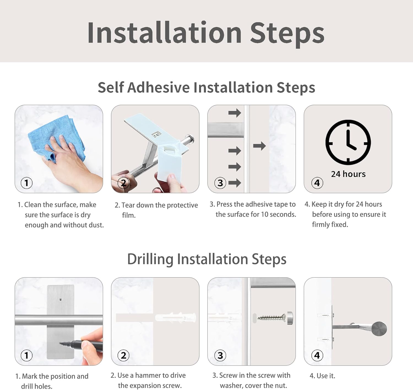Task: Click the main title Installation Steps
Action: (206, 33)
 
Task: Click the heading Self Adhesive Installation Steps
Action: (206, 88)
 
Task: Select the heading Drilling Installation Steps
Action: (206, 259)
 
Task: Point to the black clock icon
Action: (348, 142)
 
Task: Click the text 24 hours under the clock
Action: (348, 174)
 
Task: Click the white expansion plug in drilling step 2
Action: (175, 318)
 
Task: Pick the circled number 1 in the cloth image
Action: (27, 183)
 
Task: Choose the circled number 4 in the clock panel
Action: (317, 183)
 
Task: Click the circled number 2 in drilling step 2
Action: (123, 355)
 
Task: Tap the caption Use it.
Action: (322, 376)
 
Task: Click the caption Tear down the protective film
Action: (156, 210)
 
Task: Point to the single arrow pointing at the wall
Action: (259, 146)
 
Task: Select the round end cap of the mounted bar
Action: (379, 329)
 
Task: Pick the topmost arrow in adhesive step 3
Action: (235, 113)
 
